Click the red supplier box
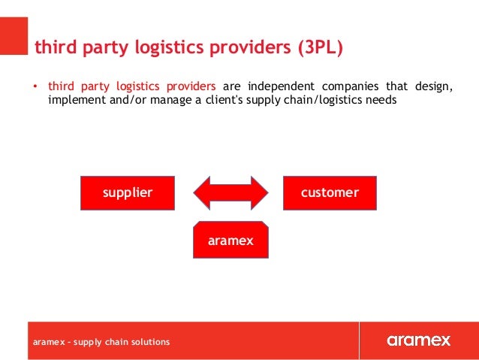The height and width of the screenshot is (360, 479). click(128, 193)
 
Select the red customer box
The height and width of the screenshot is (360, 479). click(330, 193)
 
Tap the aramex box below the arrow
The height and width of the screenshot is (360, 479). click(230, 241)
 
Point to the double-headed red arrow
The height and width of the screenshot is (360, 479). click(230, 193)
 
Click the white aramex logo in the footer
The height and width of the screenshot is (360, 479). click(419, 340)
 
